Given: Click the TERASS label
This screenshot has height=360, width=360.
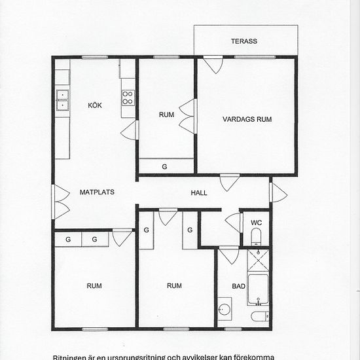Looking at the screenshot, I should tap(244, 41).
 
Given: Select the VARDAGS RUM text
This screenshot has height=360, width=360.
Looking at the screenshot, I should tap(247, 119).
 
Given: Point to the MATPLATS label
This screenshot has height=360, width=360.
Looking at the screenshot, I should tap(98, 192).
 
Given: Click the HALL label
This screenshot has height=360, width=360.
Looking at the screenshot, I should tap(199, 193).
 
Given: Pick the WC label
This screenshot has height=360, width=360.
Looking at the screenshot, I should tap(257, 223).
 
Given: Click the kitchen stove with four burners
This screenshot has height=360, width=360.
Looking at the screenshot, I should tap(128, 98).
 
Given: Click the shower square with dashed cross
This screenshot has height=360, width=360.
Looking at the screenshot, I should tap(259, 262).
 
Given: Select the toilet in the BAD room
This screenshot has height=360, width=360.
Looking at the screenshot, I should tap(259, 317).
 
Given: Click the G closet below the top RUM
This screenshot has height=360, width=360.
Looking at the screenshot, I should tap(166, 166).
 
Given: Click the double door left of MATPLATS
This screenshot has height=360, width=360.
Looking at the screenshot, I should tap(61, 202).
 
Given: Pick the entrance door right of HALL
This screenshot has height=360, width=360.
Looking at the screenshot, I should tap(278, 192).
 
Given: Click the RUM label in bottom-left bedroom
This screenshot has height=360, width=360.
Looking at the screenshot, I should tap(94, 285).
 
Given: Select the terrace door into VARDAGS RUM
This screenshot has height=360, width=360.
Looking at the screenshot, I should tap(213, 65).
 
